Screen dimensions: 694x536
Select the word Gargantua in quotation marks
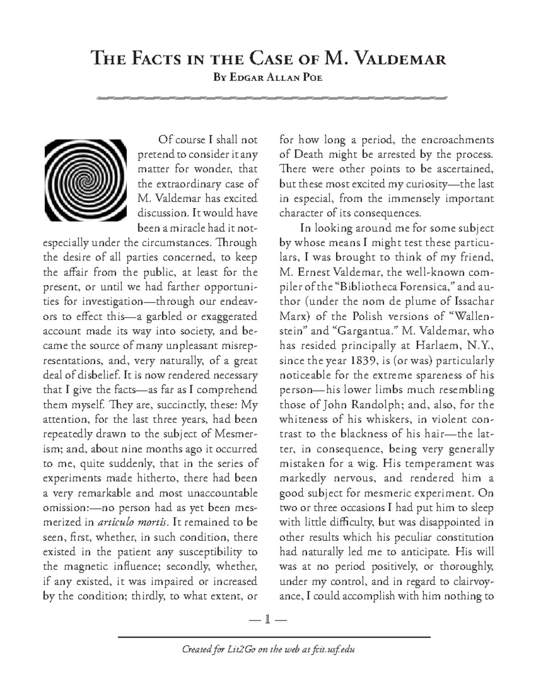pos(365,331)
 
